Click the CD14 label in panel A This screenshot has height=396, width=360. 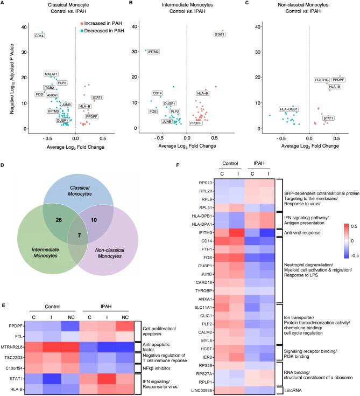(x=40, y=37)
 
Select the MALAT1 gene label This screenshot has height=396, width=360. (x=52, y=74)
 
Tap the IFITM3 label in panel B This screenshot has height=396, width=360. (x=153, y=52)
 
